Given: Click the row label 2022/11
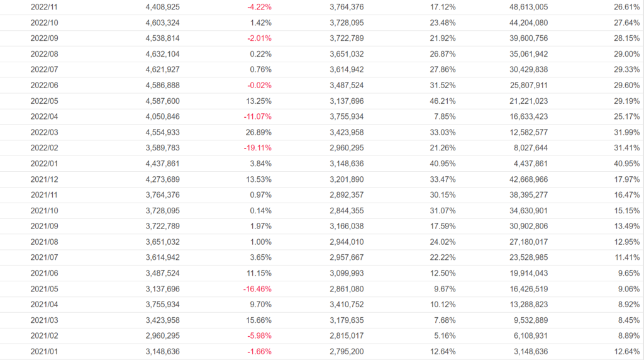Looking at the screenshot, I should pyautogui.click(x=44, y=7).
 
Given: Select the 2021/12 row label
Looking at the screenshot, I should pyautogui.click(x=44, y=179).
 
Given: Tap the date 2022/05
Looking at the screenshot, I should pyautogui.click(x=44, y=101).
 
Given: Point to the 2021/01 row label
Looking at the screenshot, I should pyautogui.click(x=44, y=351).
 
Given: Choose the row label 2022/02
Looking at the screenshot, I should pyautogui.click(x=44, y=148).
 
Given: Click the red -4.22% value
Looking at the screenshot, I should pyautogui.click(x=259, y=7).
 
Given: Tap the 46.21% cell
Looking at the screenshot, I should pyautogui.click(x=442, y=101).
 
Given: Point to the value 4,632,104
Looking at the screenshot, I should pyautogui.click(x=158, y=54).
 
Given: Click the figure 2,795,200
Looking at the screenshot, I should pyautogui.click(x=347, y=351).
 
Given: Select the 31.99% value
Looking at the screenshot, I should pyautogui.click(x=626, y=132).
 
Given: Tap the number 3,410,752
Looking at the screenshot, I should pyautogui.click(x=347, y=304).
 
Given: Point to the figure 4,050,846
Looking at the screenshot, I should pyautogui.click(x=158, y=116).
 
